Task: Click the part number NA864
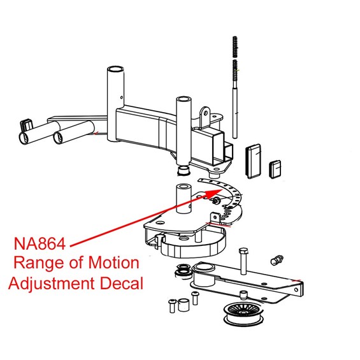point(41,243)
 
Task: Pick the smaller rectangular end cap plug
point(276,168)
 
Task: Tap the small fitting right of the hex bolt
point(276,259)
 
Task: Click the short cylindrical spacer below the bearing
point(183,305)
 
